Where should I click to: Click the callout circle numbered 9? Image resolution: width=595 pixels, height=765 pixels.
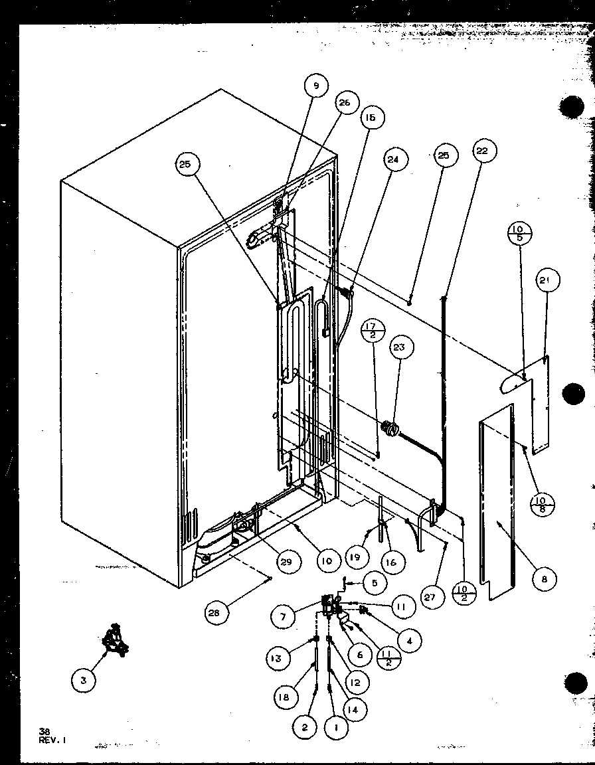[317, 86]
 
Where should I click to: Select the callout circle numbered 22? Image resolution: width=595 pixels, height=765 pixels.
[481, 151]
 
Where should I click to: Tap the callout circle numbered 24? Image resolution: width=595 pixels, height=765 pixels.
[396, 159]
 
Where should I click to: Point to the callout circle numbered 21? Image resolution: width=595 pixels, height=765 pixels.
[545, 282]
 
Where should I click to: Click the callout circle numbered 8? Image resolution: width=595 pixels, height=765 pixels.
[545, 579]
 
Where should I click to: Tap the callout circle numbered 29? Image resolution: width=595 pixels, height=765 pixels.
[286, 562]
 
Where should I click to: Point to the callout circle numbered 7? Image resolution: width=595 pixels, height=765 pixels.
[283, 616]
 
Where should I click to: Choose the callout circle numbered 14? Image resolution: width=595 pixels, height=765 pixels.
[355, 709]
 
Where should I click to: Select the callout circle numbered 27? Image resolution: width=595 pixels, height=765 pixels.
[430, 597]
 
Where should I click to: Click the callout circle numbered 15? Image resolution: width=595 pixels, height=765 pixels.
[370, 118]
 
